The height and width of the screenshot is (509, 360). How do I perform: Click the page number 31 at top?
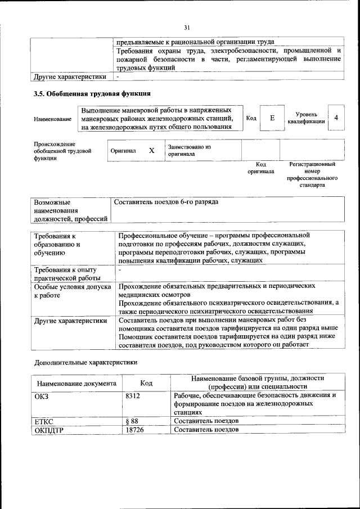pyautogui.click(x=187, y=26)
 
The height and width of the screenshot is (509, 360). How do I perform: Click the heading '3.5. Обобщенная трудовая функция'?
pyautogui.click(x=92, y=93)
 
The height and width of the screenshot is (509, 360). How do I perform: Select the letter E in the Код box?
pyautogui.click(x=272, y=118)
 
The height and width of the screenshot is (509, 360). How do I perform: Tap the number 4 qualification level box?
pyautogui.click(x=336, y=118)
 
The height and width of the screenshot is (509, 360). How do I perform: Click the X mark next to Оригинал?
pyautogui.click(x=151, y=151)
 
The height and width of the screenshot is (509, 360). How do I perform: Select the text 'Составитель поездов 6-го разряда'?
pyautogui.click(x=166, y=202)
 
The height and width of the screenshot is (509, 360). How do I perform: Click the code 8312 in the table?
pyautogui.click(x=133, y=395)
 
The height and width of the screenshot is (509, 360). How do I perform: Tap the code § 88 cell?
pyautogui.click(x=132, y=421)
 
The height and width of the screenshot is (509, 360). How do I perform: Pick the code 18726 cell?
pyautogui.click(x=134, y=430)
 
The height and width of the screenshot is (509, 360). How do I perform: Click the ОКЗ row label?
pyautogui.click(x=42, y=395)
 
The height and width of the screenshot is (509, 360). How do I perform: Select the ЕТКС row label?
pyautogui.click(x=44, y=421)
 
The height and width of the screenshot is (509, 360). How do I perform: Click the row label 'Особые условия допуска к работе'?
pyautogui.click(x=69, y=290)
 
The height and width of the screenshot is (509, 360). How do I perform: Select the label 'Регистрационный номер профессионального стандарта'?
pyautogui.click(x=312, y=174)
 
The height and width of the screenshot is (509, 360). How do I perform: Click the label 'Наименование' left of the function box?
pyautogui.click(x=52, y=119)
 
